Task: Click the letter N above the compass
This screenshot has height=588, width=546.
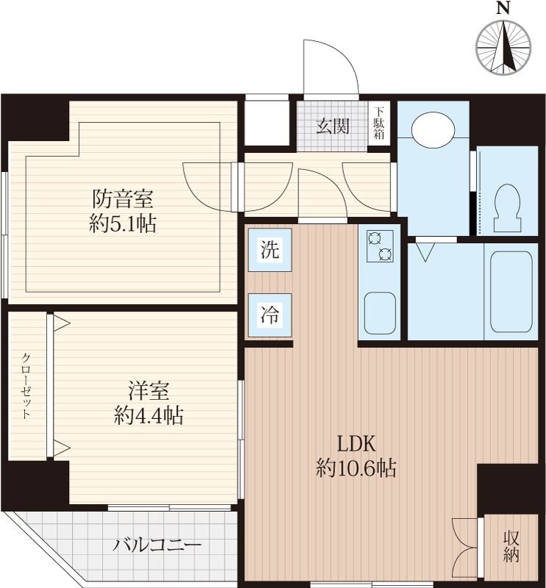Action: click(503, 8)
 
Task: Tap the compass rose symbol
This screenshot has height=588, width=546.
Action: click(503, 47)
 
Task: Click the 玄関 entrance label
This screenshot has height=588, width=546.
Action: click(333, 126)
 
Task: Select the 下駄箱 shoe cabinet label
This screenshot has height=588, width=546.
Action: click(379, 123)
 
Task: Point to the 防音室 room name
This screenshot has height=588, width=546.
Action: click(123, 198)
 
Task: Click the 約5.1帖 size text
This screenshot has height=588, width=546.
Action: click(123, 224)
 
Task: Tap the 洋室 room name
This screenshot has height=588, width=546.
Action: click(149, 390)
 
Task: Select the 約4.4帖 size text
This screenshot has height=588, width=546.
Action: click(149, 415)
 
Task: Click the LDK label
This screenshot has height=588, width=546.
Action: click(356, 444)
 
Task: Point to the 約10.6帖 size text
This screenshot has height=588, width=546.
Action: click(356, 468)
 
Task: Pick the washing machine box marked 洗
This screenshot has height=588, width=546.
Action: click(270, 250)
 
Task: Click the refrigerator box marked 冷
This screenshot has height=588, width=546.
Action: click(270, 315)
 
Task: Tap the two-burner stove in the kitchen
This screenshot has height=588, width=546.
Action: click(381, 246)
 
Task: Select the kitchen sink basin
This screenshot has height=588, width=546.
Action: click(380, 314)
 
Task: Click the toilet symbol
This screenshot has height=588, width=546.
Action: click(508, 208)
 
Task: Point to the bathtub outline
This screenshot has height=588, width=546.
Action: click(511, 292)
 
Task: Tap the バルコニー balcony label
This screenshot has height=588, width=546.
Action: click(157, 545)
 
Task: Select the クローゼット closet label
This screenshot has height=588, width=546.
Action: click(26, 386)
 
